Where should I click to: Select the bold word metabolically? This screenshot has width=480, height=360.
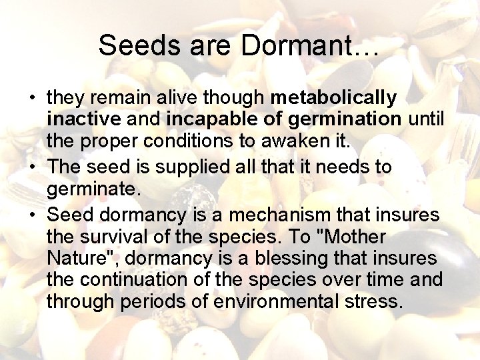tap(333, 98)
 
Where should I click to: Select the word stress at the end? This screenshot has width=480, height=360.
tap(377, 301)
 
